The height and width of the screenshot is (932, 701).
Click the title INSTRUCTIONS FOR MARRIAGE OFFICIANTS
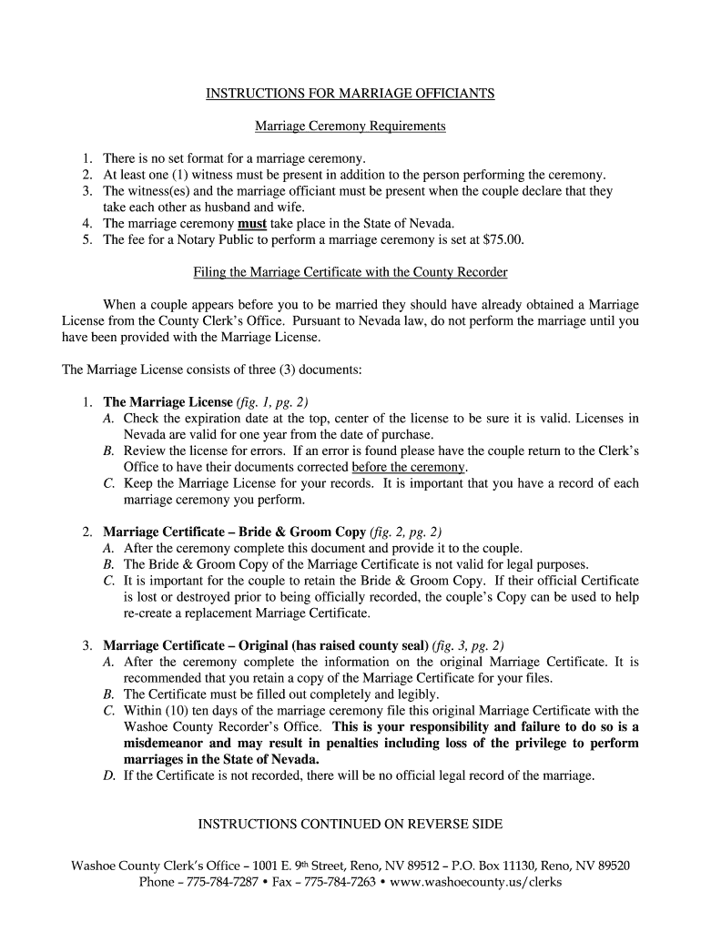point(350,94)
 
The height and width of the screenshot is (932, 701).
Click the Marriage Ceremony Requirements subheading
point(350,126)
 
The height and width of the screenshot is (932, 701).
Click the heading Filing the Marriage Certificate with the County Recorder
point(350,272)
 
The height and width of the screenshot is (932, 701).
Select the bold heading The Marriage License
point(168,401)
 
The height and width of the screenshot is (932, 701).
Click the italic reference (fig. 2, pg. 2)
point(406,532)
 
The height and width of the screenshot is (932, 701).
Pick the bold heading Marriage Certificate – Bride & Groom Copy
point(235,532)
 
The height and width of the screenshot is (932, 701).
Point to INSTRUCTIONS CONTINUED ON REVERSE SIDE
point(350,825)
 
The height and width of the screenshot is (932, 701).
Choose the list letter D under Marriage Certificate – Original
point(108,775)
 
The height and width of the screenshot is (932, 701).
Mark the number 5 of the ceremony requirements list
point(86,239)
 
